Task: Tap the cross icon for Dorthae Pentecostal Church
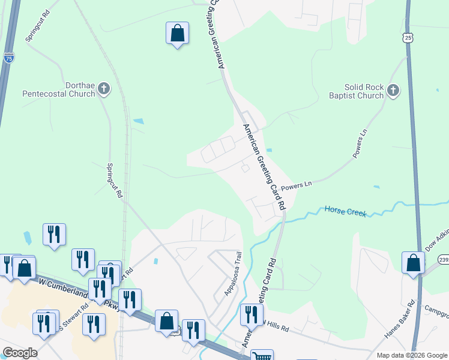(x=104, y=89)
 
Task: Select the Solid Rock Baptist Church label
(x=356, y=91)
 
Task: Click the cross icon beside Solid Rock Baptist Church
(x=393, y=91)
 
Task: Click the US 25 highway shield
(x=408, y=38)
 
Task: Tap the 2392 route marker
(x=443, y=259)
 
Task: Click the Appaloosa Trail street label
(x=232, y=274)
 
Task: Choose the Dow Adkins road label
(x=436, y=239)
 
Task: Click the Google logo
(x=20, y=353)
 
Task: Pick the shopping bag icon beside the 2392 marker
(x=413, y=262)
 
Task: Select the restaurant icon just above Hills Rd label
(x=252, y=314)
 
